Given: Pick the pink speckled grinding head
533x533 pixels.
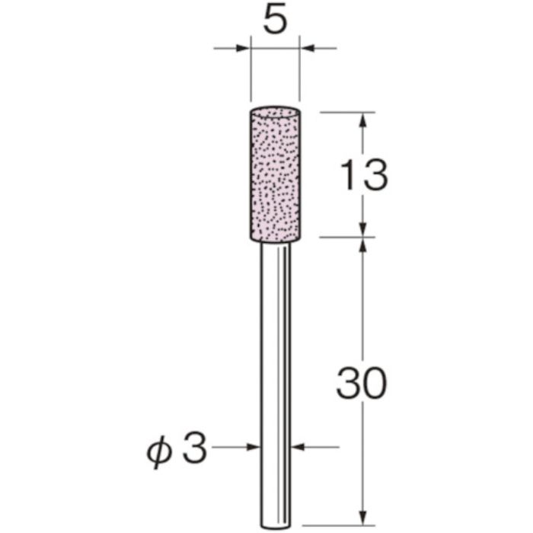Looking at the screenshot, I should tap(274, 175).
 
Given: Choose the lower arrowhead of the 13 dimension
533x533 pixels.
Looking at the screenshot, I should tap(363, 229).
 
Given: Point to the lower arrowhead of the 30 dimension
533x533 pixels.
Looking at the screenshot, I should tap(363, 519).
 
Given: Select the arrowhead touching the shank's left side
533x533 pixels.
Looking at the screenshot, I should tap(254, 448).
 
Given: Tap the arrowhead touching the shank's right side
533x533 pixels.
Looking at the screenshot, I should tap(298, 448).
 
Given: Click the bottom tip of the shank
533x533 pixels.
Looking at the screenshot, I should tap(275, 526).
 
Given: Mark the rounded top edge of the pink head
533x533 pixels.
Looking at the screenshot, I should tap(274, 110).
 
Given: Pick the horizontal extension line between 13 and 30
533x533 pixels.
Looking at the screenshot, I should tap(346, 237).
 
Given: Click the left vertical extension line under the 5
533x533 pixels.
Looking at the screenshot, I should tap(250, 76).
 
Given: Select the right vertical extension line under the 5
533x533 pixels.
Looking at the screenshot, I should tap(299, 76).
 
